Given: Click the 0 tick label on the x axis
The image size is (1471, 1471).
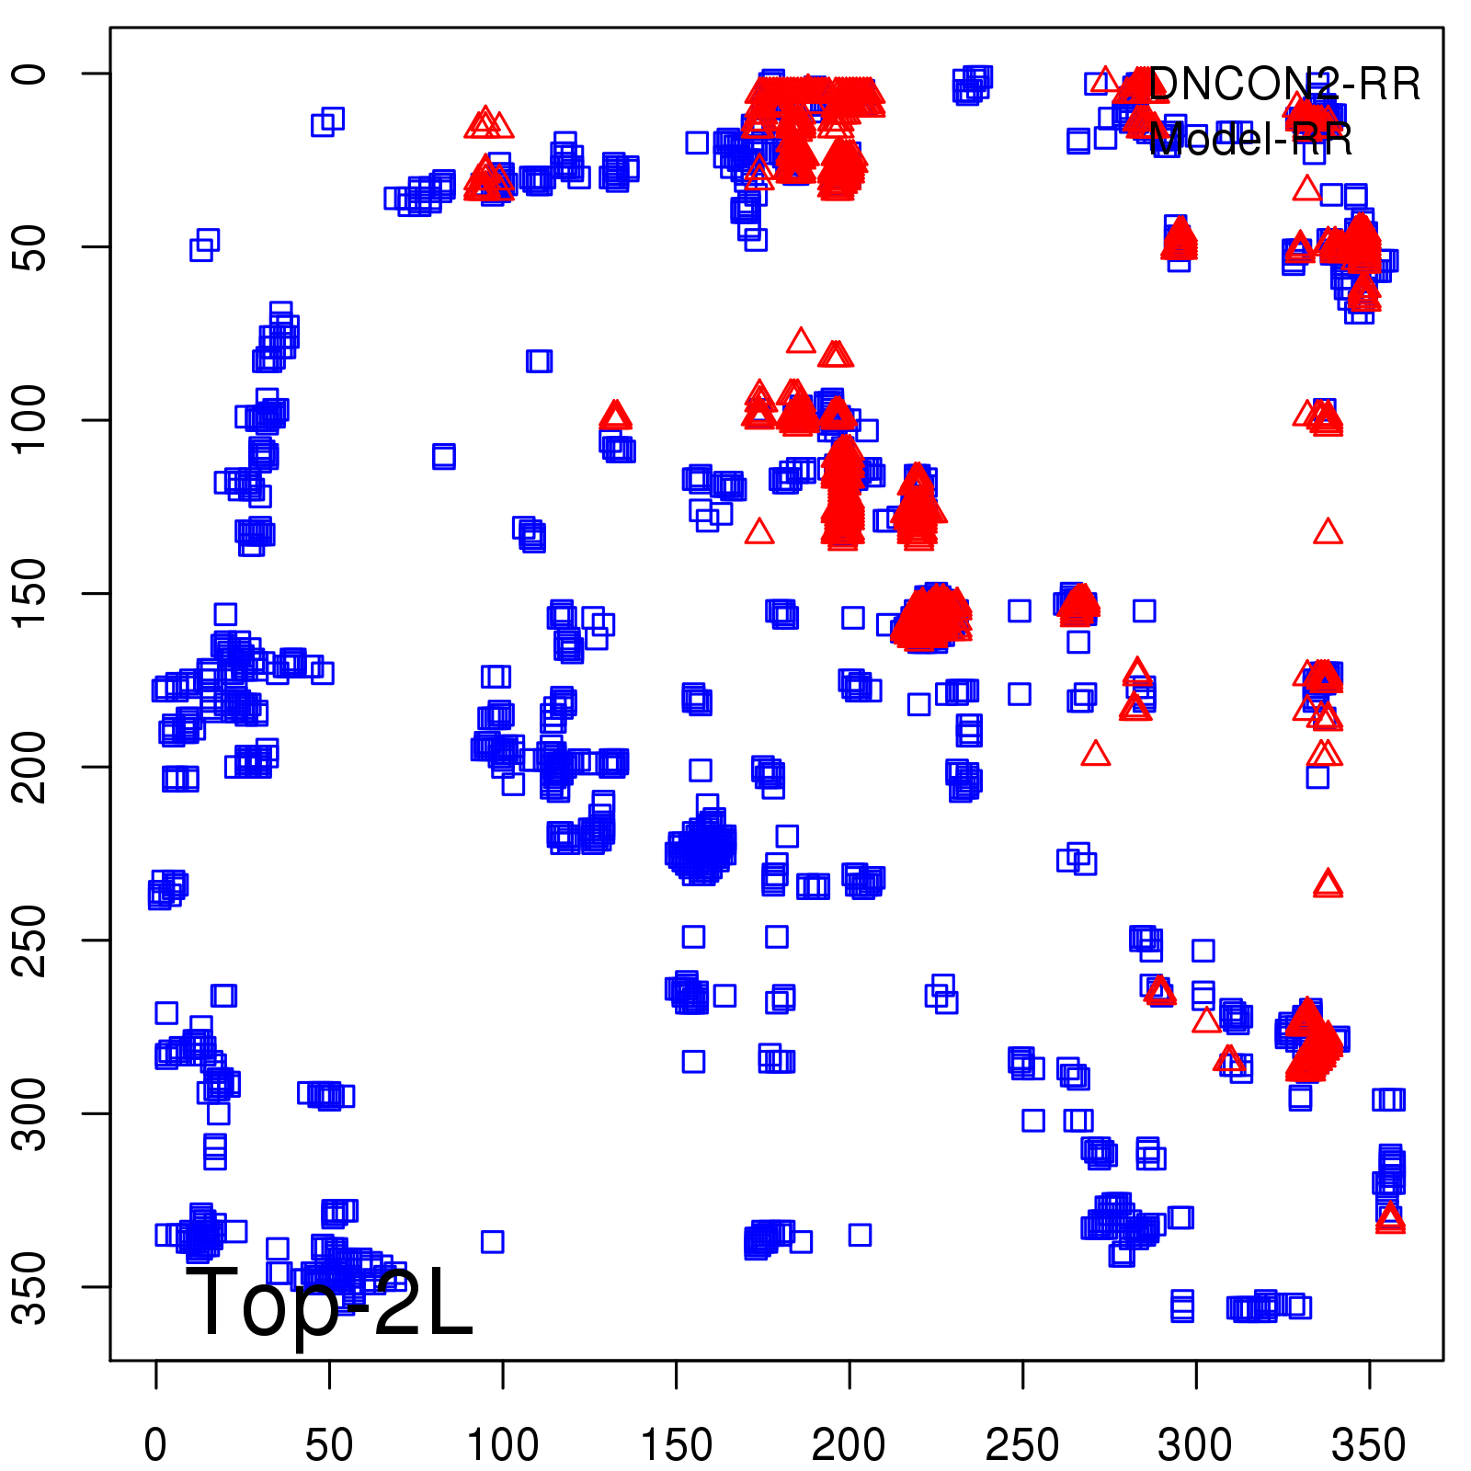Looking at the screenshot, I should [x=155, y=1444].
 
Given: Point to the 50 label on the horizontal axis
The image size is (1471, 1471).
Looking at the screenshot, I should [x=329, y=1444].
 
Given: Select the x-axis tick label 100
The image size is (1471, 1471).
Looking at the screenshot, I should [x=503, y=1444].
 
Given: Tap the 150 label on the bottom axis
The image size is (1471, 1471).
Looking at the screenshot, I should [x=676, y=1444].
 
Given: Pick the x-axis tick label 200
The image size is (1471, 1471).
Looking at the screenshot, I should [x=849, y=1444].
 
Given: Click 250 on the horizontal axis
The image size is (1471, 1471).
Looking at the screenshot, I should [x=1022, y=1444].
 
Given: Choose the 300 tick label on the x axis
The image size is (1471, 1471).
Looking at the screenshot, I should [x=1195, y=1444].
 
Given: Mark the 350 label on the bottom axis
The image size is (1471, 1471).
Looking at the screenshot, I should [x=1369, y=1444].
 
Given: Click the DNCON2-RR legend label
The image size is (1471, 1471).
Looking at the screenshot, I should [x=1283, y=85].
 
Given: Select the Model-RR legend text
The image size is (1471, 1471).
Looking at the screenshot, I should [x=1250, y=140].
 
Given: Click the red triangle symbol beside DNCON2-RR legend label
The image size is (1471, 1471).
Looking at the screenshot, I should [x=1105, y=81].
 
